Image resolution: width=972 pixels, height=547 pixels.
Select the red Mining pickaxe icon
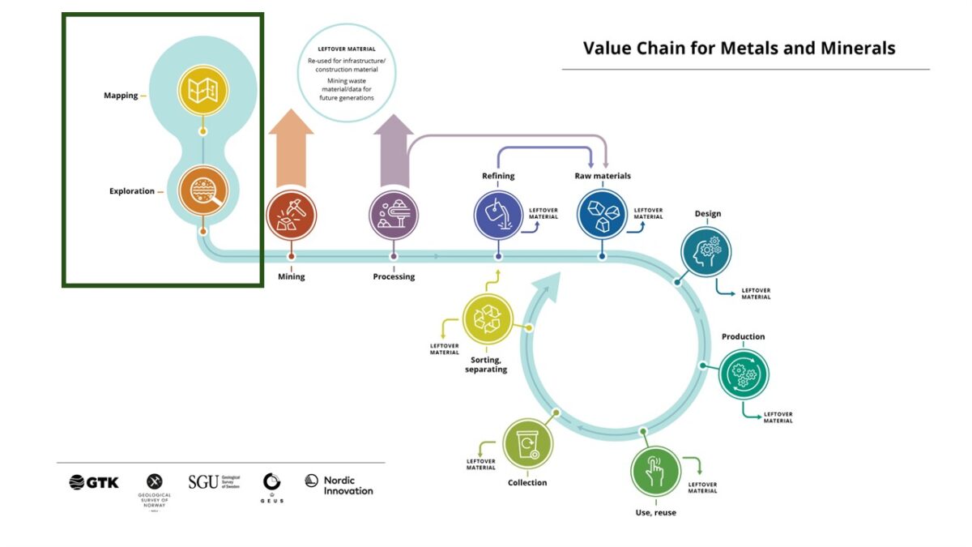point(291,215)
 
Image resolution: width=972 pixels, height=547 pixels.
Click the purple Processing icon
point(394,215)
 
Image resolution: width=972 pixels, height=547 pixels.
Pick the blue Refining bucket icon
point(498,215)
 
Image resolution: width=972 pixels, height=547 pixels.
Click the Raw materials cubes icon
point(602,215)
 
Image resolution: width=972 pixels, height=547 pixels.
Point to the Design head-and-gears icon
point(706,251)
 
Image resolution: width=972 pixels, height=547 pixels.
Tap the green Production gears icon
point(744,374)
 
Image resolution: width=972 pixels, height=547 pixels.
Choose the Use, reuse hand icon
point(655,469)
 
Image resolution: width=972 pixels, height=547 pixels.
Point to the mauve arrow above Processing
point(394,150)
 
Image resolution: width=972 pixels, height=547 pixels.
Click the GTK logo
point(94,482)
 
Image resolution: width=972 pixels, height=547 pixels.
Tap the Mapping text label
point(121,96)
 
